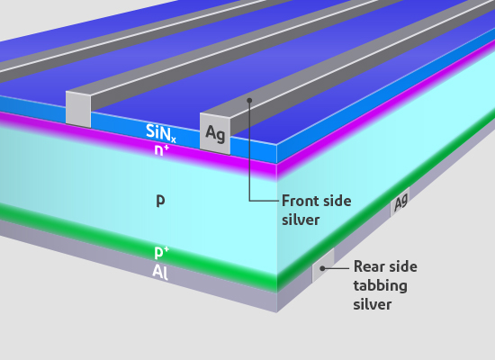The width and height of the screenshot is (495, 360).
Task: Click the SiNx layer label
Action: coord(161,133)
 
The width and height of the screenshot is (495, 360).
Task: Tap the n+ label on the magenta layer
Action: coord(162,150)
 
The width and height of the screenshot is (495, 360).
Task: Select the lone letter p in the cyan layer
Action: coord(161,201)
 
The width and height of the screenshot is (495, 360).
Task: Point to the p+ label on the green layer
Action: coord(162,252)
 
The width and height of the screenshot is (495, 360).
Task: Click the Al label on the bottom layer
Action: coord(160,272)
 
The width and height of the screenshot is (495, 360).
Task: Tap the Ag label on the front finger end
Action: coord(215,133)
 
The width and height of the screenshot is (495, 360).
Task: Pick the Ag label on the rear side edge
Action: coord(400,202)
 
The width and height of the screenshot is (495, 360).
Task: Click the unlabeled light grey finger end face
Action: coord(78,109)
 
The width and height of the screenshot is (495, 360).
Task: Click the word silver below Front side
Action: coord(301,220)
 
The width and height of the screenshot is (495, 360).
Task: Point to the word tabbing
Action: coord(381,286)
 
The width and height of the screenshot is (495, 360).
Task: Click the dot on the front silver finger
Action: coord(249,100)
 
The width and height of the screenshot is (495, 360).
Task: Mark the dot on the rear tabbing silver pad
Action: coord(322,268)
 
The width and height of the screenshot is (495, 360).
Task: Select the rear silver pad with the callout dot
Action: coord(323,265)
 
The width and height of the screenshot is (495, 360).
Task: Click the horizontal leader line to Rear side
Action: coord(336,268)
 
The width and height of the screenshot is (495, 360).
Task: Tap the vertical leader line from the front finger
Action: coord(249,150)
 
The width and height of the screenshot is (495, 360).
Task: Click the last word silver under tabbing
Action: coord(373,305)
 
